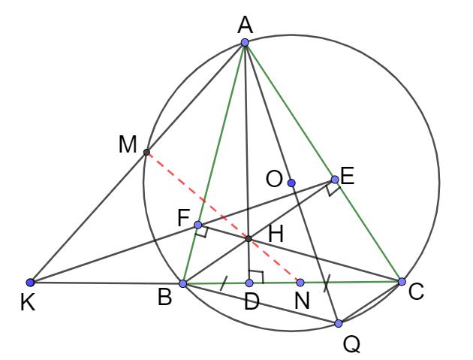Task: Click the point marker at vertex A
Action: [x=245, y=42]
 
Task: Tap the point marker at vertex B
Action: [x=182, y=284]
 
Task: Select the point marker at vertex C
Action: [x=402, y=281]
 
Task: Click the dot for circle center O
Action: [x=291, y=183]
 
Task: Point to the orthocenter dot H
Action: [x=249, y=239]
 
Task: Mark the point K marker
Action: [x=30, y=283]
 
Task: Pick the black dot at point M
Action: [x=146, y=152]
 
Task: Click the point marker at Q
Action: [x=339, y=323]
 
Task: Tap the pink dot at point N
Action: [x=300, y=283]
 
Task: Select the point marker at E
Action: [x=335, y=180]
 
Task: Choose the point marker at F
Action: [x=197, y=225]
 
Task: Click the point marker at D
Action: [x=249, y=283]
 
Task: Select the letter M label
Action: [x=127, y=144]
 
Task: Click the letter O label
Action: [x=275, y=179]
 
